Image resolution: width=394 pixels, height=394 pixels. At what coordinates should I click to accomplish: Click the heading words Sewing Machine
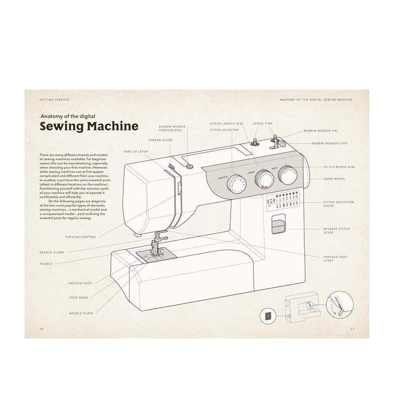tap(89, 126)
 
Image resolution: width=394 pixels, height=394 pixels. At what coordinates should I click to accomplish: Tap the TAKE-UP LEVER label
tap(135, 151)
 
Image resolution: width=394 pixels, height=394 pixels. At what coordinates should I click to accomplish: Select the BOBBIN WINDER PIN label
tap(320, 131)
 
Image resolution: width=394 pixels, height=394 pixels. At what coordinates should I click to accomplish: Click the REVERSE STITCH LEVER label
tap(336, 230)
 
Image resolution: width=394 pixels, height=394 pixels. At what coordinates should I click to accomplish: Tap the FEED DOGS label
tap(79, 297)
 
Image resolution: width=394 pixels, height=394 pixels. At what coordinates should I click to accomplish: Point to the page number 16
tap(41, 328)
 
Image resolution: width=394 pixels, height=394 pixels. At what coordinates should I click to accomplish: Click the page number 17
tap(352, 328)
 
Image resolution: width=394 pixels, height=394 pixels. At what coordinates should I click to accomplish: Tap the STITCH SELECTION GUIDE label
tap(338, 203)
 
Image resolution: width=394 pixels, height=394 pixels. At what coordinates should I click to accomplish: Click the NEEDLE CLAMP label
tap(52, 252)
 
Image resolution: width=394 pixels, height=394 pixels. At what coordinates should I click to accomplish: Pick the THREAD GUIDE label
tap(161, 140)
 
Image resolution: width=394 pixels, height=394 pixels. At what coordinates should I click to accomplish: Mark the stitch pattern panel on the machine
tap(282, 200)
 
